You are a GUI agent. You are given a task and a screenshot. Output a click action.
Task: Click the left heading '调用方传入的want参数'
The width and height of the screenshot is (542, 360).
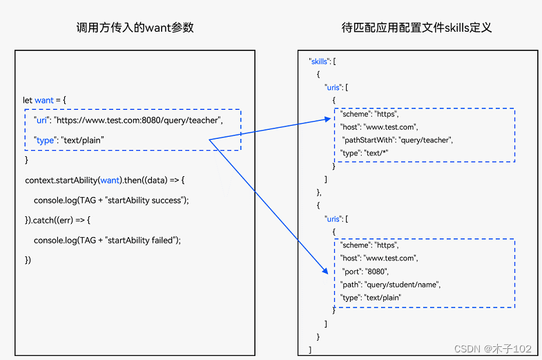pos(135,28)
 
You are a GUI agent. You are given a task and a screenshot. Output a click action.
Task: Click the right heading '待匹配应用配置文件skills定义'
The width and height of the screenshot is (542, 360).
pos(416,28)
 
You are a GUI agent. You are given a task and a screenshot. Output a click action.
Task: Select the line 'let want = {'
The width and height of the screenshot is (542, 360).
pos(45,100)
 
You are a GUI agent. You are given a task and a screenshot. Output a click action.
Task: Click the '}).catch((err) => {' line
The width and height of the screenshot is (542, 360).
pos(57,220)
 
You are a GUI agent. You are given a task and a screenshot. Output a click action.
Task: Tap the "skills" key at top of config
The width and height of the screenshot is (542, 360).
pos(319,61)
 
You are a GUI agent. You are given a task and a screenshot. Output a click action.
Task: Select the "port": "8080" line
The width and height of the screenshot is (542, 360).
pos(366,272)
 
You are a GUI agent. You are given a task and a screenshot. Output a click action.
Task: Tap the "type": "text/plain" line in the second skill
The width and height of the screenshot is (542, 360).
pos(371,297)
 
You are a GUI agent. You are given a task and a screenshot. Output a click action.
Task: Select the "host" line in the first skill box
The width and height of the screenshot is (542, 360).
pos(379,127)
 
